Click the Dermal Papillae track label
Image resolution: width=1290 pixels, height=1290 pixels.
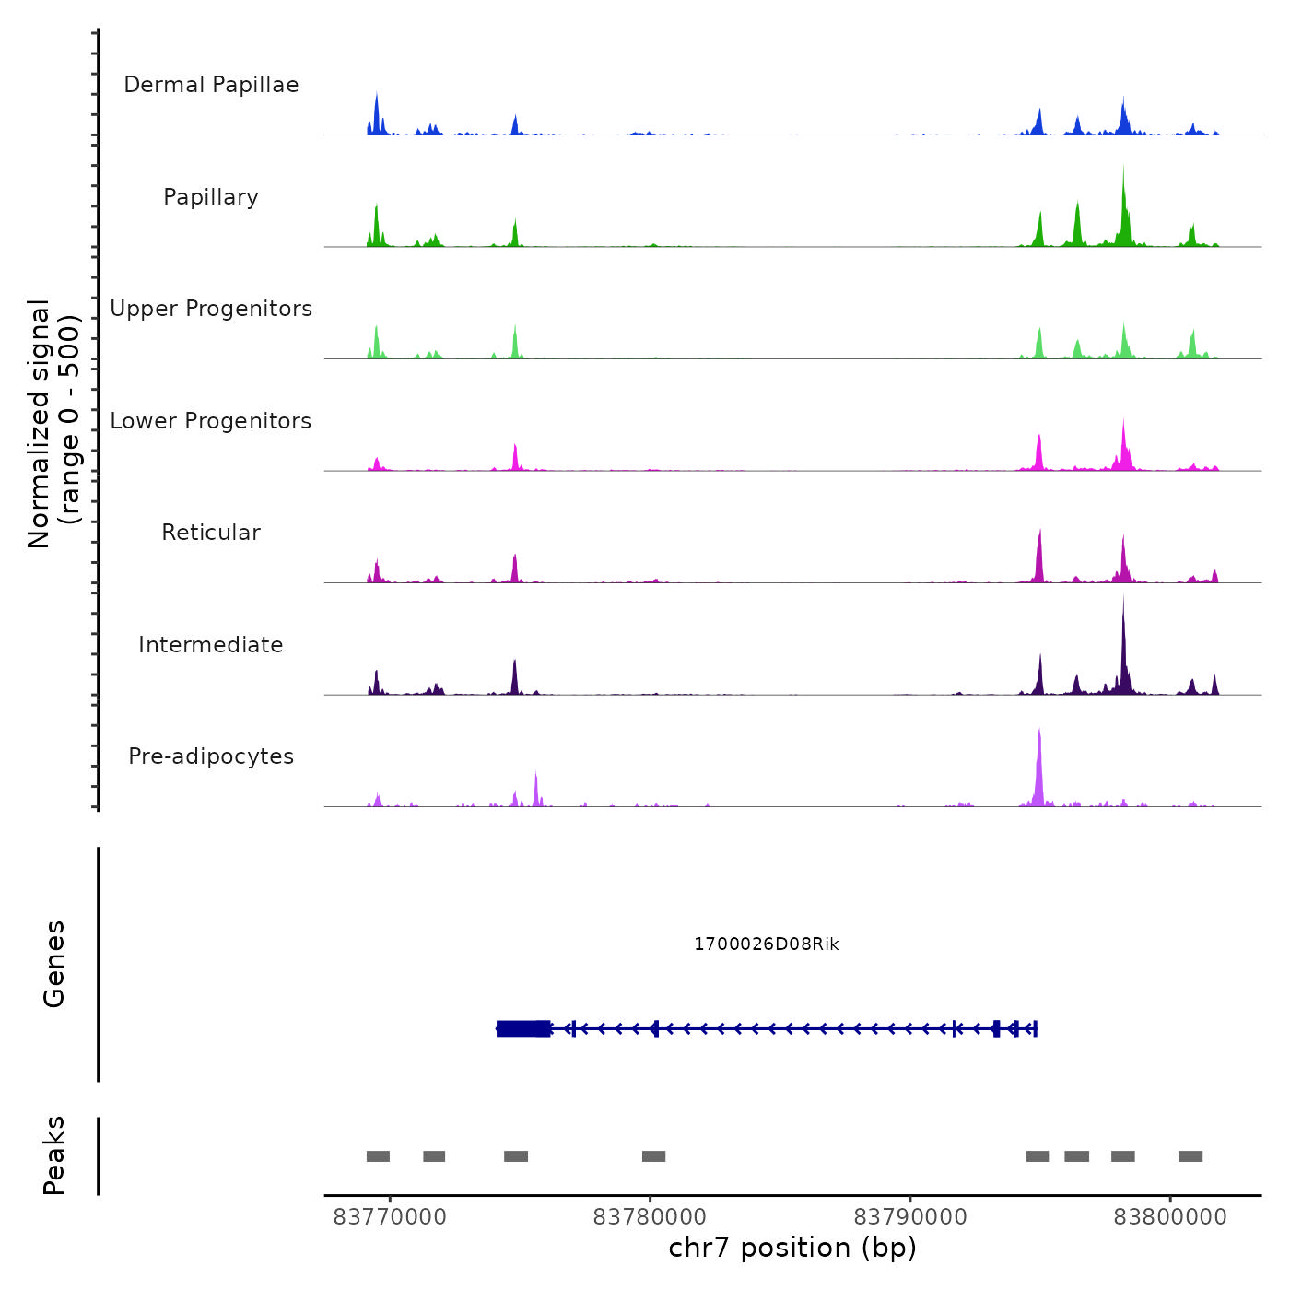[x=211, y=85]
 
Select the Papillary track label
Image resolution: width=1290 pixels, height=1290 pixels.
[x=211, y=197]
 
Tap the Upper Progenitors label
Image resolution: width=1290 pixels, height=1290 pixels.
[x=211, y=309]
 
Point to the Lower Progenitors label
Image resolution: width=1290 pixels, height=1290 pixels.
[x=211, y=421]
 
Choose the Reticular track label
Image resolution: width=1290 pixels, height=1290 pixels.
[x=211, y=533]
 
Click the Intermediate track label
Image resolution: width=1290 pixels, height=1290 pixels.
[x=211, y=645]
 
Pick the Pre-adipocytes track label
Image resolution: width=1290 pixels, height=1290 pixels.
[x=211, y=756]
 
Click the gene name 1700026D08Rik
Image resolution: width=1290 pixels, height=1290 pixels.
[x=766, y=944]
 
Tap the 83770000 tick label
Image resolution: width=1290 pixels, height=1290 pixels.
[x=390, y=1217]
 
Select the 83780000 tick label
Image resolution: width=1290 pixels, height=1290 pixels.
[x=650, y=1217]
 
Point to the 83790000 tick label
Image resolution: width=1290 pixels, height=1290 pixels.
[x=910, y=1217]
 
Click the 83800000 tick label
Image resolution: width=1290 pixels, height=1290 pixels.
[x=1170, y=1217]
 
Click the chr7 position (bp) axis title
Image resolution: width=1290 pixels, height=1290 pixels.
[x=792, y=1249]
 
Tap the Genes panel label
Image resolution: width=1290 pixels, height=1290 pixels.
[x=54, y=964]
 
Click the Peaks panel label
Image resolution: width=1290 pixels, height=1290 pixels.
[x=54, y=1155]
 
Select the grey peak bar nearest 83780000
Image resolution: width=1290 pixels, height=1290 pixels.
[x=653, y=1156]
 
